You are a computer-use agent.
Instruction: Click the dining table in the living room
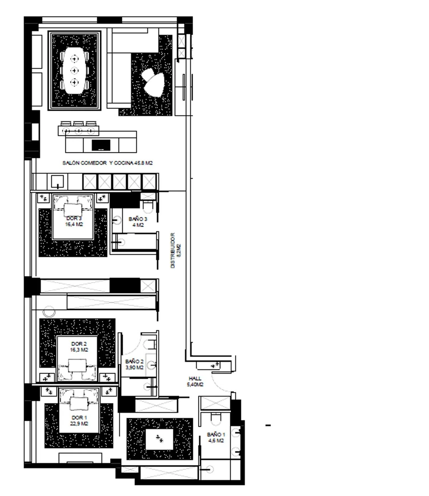point(74,70)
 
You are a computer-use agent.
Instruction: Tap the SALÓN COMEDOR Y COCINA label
point(107,163)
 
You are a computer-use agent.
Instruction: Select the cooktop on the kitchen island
point(101,145)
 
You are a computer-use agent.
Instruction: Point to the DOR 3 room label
point(74,218)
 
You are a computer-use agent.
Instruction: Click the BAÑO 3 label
point(138,219)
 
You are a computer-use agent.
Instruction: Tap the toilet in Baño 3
point(148,206)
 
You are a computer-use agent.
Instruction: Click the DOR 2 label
point(79,344)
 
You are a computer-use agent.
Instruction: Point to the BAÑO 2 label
point(134,362)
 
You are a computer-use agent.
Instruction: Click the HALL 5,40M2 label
point(195,381)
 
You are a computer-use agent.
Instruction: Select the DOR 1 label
point(79,417)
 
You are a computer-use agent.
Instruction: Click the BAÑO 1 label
point(216,434)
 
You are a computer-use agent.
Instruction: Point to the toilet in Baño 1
point(216,419)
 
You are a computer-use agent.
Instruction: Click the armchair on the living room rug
point(154,83)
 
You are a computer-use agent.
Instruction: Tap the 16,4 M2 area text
point(74,224)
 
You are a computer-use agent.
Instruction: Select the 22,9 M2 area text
point(79,423)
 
